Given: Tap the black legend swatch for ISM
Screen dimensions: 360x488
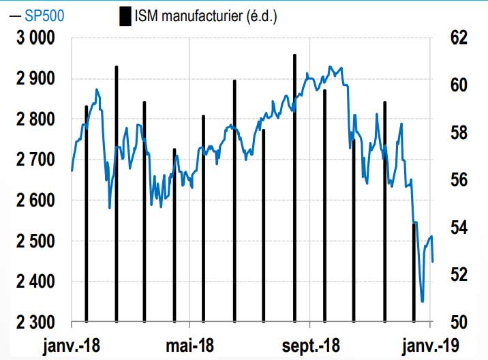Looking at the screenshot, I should click(125, 16).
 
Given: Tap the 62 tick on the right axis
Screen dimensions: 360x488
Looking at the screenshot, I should click(459, 38).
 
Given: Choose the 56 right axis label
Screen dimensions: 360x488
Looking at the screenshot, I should click(459, 181).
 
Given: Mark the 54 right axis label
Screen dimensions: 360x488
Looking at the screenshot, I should click(459, 228).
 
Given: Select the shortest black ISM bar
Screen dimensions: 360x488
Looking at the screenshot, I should click(414, 273).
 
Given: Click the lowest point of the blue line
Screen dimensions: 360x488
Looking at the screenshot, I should click(423, 301).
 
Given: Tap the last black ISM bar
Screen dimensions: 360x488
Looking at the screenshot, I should click(414, 273).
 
